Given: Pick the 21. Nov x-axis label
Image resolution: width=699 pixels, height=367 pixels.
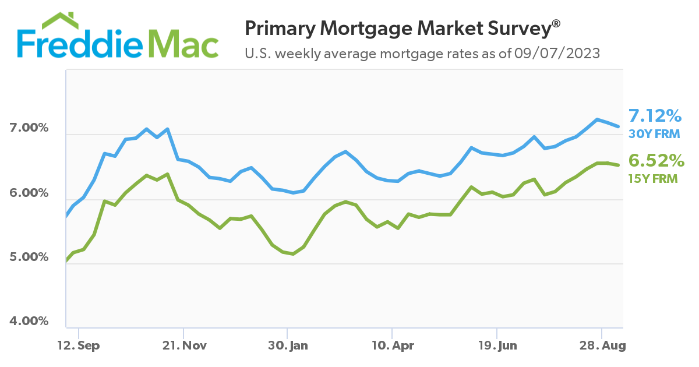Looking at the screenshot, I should pos(185,345).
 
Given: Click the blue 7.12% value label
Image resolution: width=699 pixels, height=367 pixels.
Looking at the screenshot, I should pos(654,115).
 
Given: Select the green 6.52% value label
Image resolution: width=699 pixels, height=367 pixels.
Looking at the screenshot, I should pos(654,161).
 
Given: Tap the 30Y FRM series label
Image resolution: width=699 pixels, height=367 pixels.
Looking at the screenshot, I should pos(654,134).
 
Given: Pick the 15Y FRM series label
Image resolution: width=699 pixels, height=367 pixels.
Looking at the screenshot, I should pos(654,179).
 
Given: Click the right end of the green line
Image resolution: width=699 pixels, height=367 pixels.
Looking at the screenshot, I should pos(618,165).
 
